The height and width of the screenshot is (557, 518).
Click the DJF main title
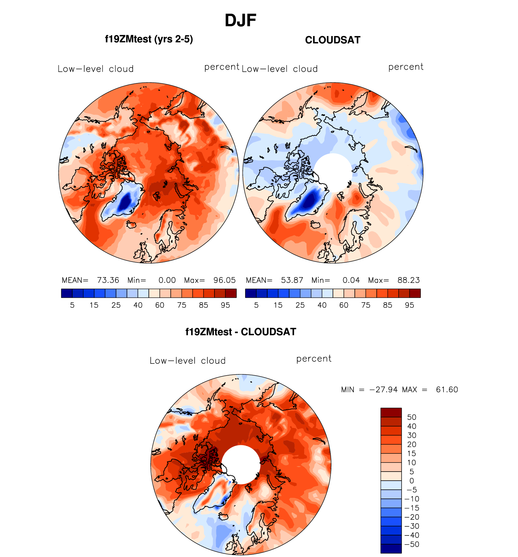pyautogui.click(x=241, y=21)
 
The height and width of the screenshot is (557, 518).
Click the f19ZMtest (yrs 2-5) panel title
pyautogui.click(x=149, y=39)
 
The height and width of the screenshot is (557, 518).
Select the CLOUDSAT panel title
pyautogui.click(x=333, y=40)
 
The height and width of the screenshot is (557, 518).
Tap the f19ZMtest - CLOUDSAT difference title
pyautogui.click(x=241, y=332)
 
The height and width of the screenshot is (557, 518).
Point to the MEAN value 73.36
pyautogui.click(x=108, y=280)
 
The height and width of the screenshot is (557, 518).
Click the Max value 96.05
pyautogui.click(x=224, y=280)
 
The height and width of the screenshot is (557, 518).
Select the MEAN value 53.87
pyautogui.click(x=292, y=280)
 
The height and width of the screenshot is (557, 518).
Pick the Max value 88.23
pyautogui.click(x=409, y=280)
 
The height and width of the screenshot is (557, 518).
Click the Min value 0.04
pyautogui.click(x=351, y=280)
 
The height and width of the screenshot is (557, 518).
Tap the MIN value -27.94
pyautogui.click(x=384, y=390)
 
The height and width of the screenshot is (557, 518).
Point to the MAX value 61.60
pyautogui.click(x=447, y=390)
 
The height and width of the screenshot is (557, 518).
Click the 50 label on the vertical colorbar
pyautogui.click(x=412, y=417)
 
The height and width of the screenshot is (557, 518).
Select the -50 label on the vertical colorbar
pyautogui.click(x=412, y=544)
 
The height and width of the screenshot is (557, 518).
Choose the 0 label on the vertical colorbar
pyautogui.click(x=412, y=481)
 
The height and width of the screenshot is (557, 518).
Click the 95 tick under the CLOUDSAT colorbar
pyautogui.click(x=410, y=305)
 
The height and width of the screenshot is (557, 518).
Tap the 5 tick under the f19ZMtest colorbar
pyautogui.click(x=72, y=305)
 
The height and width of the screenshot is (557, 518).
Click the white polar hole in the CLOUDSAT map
pyautogui.click(x=333, y=173)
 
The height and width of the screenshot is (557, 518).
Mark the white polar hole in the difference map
pyautogui.click(x=241, y=465)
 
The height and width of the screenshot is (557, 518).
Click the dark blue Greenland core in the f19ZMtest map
pyautogui.click(x=125, y=202)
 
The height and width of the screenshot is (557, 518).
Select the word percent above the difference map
pyautogui.click(x=314, y=359)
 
